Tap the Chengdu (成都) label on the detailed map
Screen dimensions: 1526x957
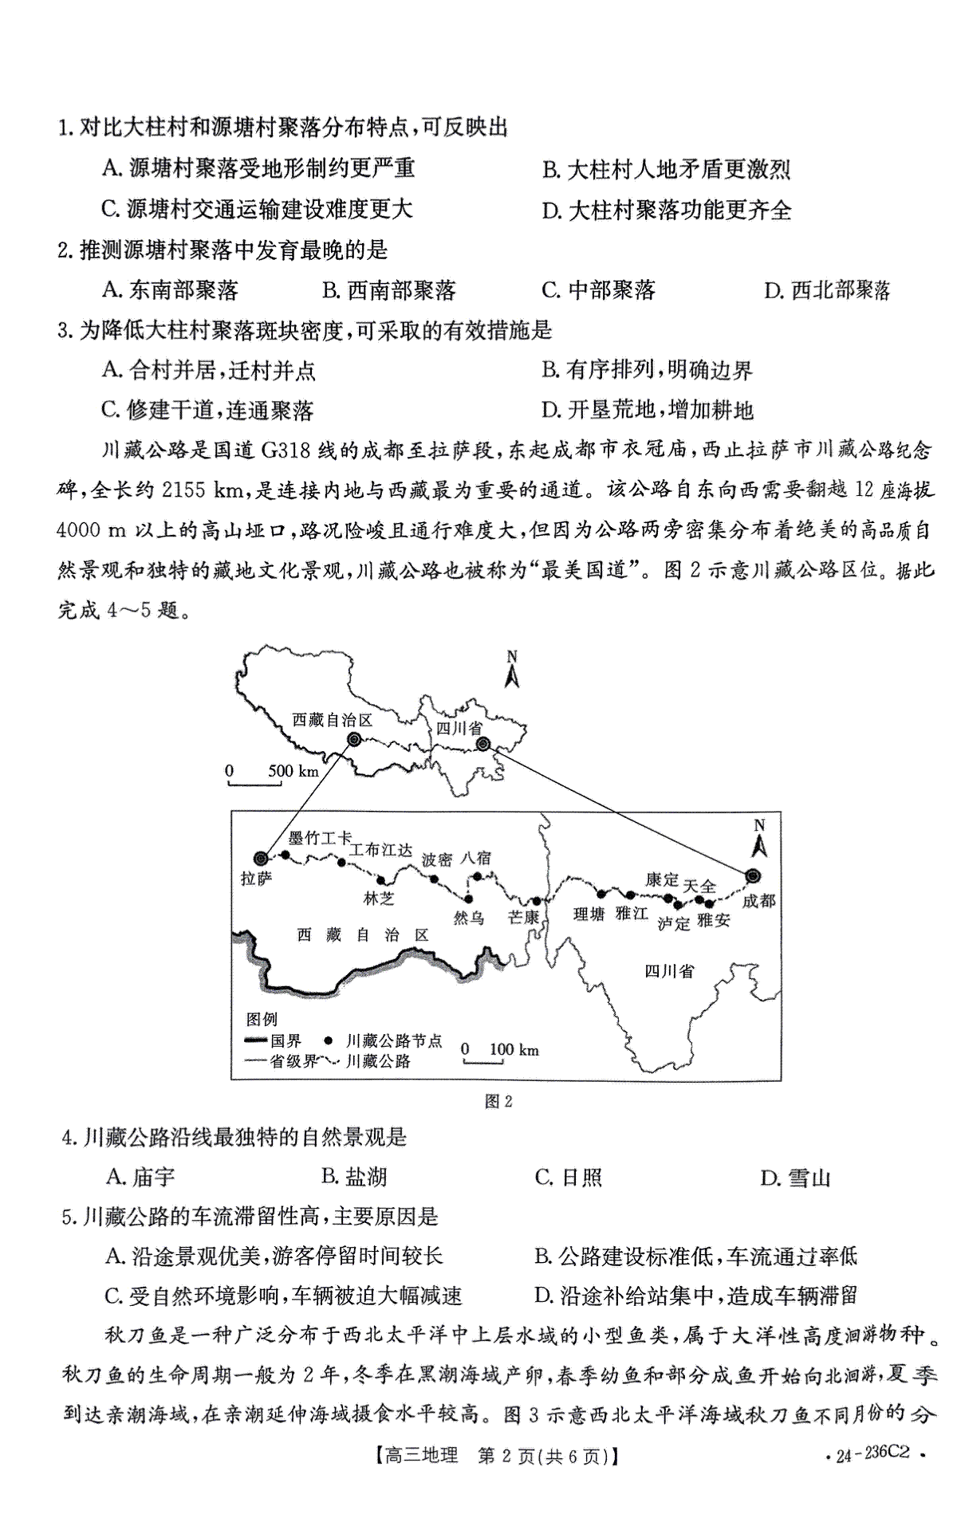(x=758, y=901)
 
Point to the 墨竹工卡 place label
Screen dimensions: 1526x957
(x=320, y=837)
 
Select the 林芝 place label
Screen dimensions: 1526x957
(x=379, y=899)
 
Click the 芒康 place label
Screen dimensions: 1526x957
(x=524, y=918)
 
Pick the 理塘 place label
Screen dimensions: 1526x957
(x=589, y=914)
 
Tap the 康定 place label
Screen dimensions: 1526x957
(x=662, y=880)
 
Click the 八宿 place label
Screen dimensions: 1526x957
(x=476, y=858)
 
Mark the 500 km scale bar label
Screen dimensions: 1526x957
(x=293, y=771)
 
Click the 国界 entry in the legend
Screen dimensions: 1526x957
(x=286, y=1040)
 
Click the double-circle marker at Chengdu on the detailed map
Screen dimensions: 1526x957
(x=752, y=876)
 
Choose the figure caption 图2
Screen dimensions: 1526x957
(x=498, y=1102)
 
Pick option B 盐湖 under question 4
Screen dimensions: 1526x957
(x=354, y=1176)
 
